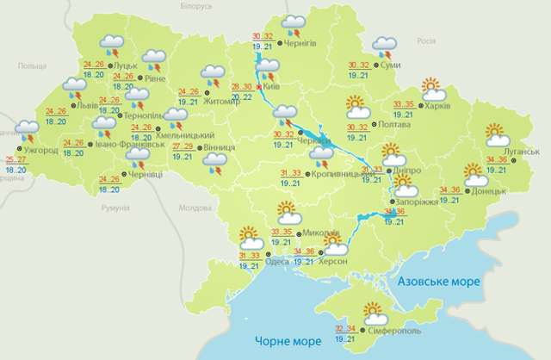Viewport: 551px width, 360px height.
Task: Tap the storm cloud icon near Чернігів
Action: pyautogui.click(x=295, y=23)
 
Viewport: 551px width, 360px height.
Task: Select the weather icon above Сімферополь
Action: pyautogui.click(x=372, y=312)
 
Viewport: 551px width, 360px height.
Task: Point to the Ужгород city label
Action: pyautogui.click(x=40, y=150)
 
